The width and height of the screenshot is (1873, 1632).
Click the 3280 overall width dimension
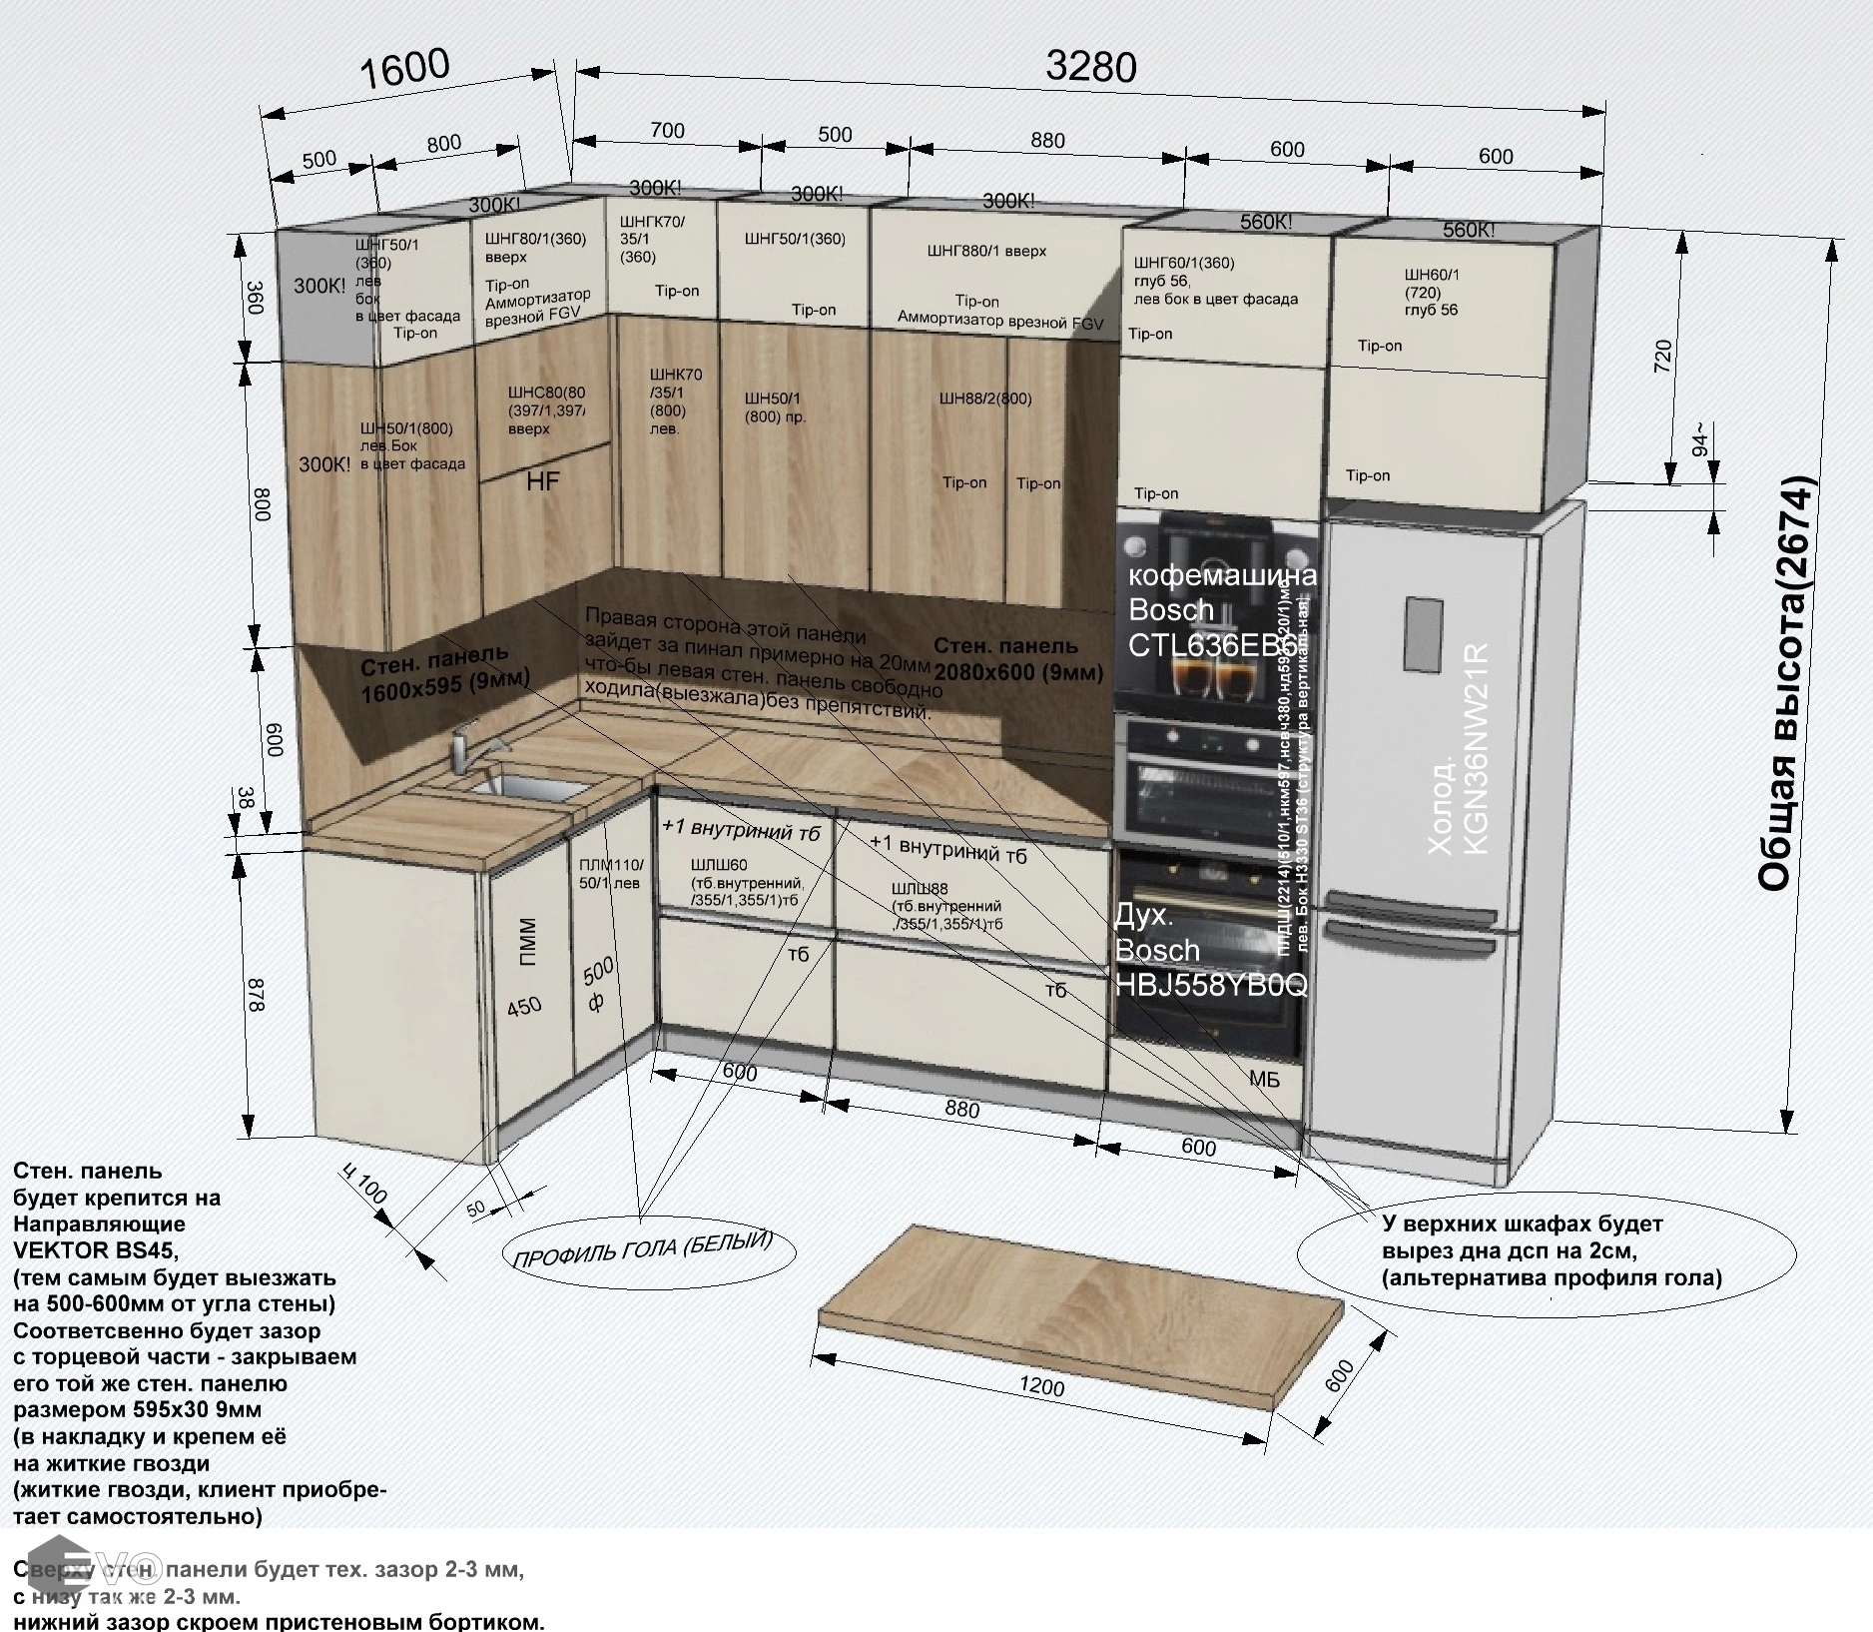pyautogui.click(x=1090, y=67)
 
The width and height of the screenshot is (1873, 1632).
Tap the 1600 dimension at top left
pyautogui.click(x=404, y=70)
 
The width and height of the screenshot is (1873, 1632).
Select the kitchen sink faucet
pyautogui.click(x=461, y=749)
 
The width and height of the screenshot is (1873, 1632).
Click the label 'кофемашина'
pyautogui.click(x=1221, y=575)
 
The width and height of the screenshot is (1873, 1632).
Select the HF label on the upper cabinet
pyautogui.click(x=543, y=481)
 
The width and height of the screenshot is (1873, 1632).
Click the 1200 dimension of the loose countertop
pyautogui.click(x=1040, y=1386)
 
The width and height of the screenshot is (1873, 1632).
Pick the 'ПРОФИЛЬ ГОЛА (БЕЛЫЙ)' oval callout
pyautogui.click(x=643, y=1248)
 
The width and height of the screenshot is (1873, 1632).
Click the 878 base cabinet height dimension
pyautogui.click(x=256, y=996)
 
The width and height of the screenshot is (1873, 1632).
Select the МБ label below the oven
pyautogui.click(x=1264, y=1080)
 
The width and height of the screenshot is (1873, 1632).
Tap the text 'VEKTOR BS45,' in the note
pyautogui.click(x=98, y=1249)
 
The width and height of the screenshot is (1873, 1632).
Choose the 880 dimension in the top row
pyautogui.click(x=1047, y=141)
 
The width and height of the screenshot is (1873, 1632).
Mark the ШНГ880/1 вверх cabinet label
pyautogui.click(x=986, y=252)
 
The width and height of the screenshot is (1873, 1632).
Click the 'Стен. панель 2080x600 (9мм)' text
pyautogui.click(x=1018, y=659)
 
